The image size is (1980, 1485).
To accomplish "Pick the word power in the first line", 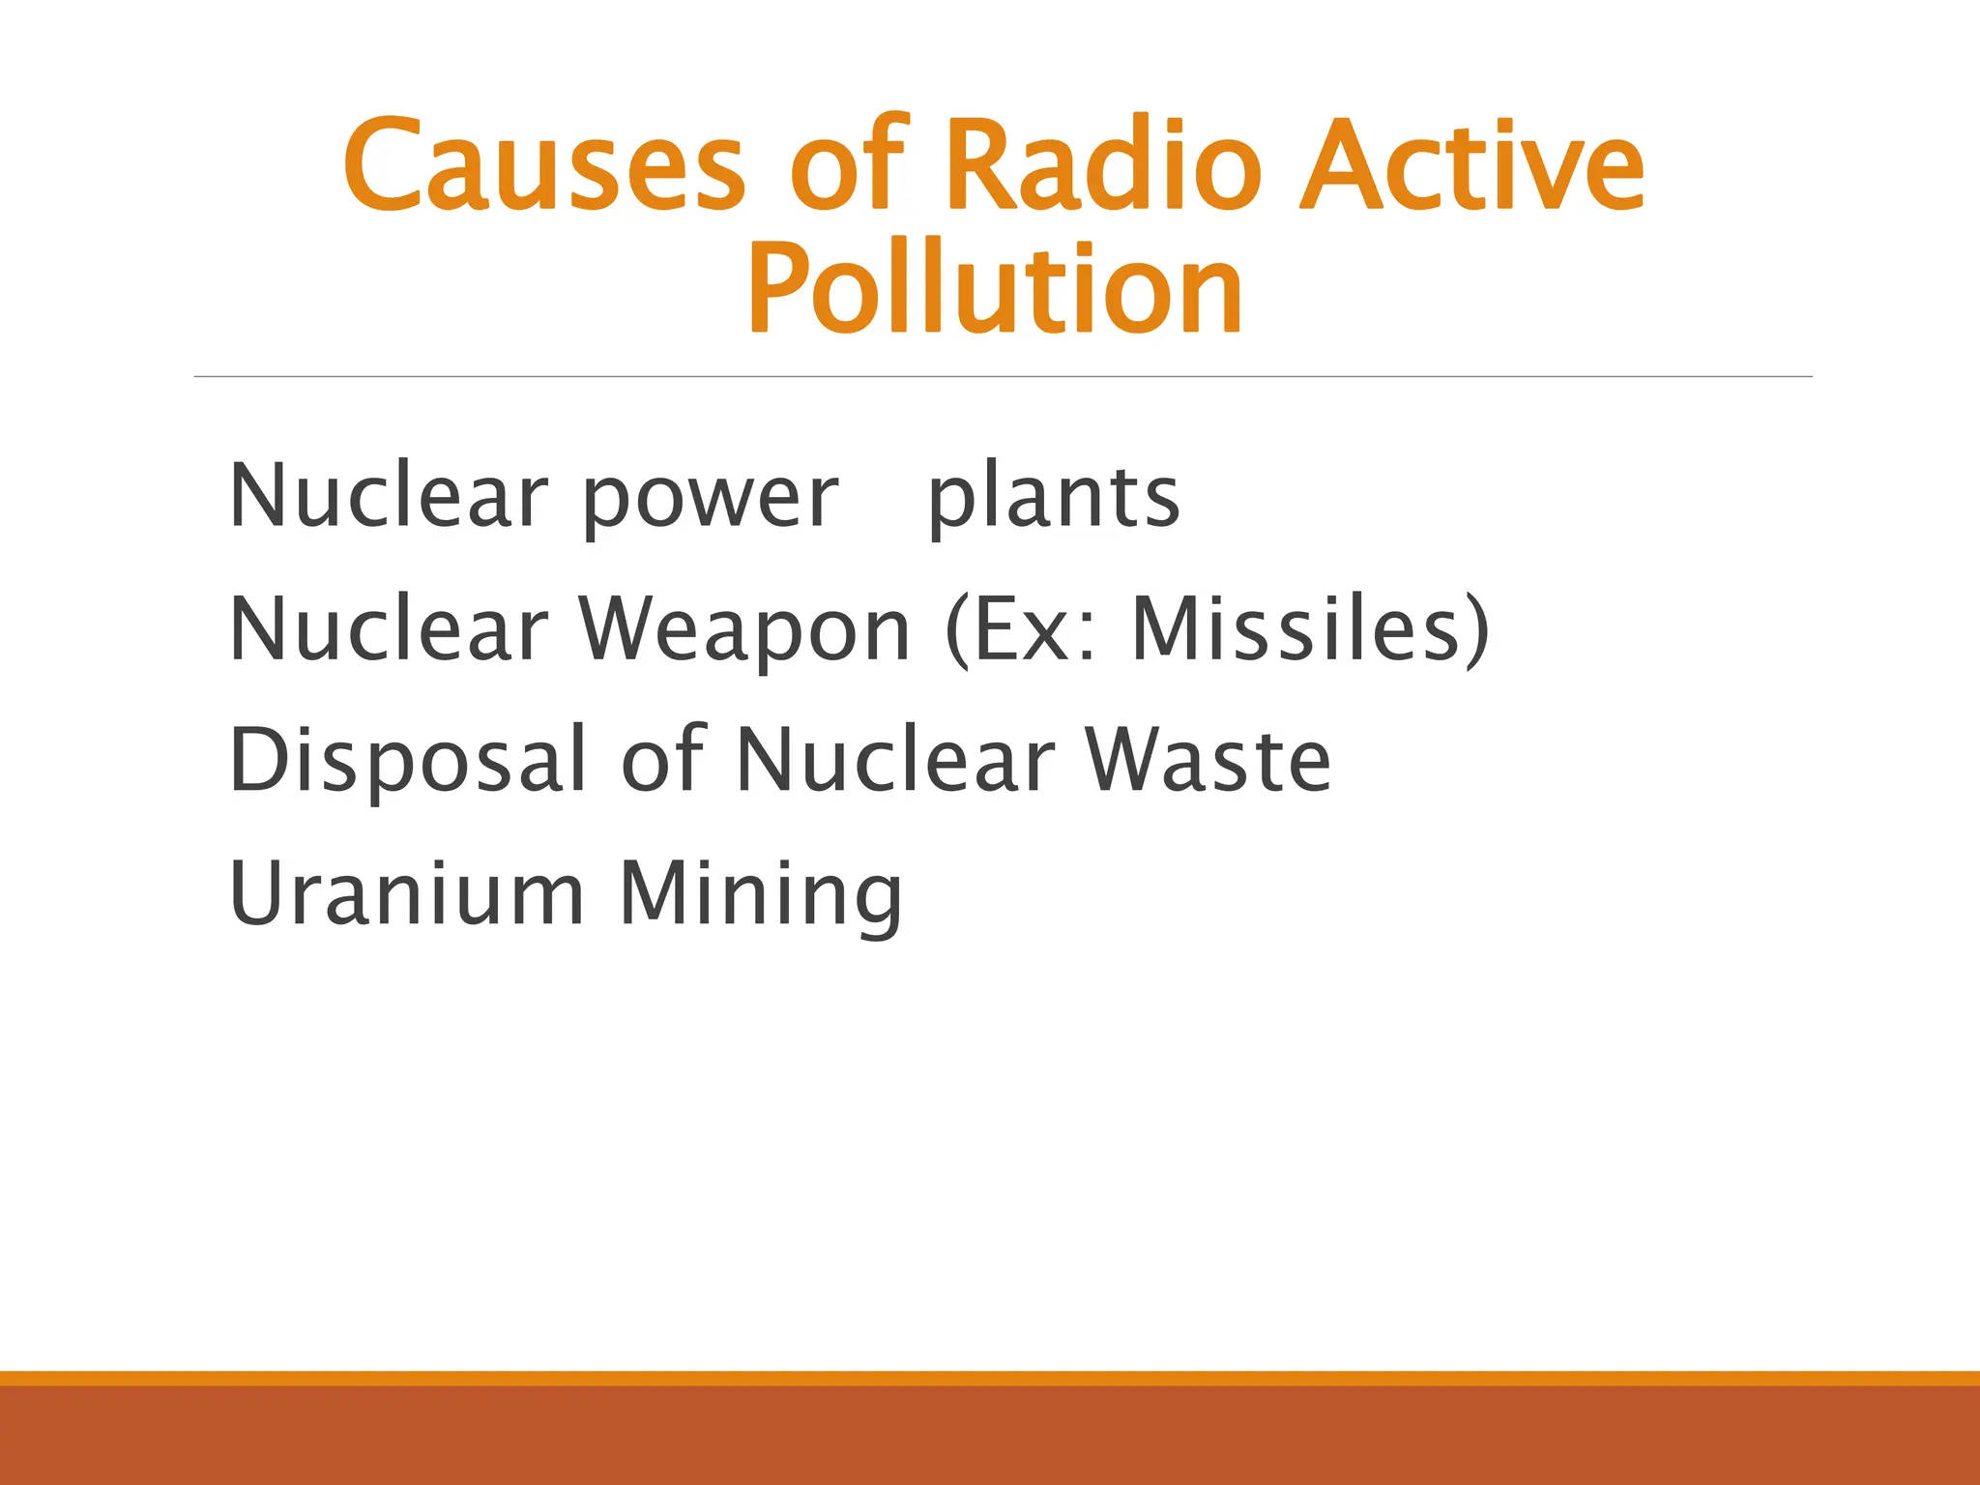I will pos(710,499).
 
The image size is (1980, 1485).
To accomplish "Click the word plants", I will pos(1053,499).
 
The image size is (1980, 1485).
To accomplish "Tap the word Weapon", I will pos(744,630).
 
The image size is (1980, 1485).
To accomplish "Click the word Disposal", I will pos(407,762).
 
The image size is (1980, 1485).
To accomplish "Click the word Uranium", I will pos(407,893).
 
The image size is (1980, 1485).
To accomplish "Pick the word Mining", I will pos(761,895).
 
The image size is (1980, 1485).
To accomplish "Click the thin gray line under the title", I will pos(1003,376).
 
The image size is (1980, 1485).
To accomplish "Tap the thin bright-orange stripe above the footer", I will pos(990,1378).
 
